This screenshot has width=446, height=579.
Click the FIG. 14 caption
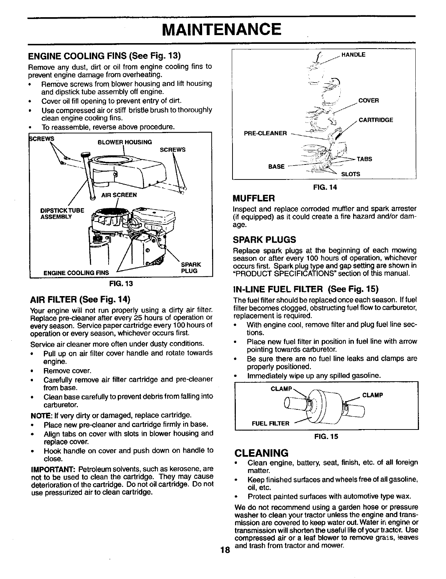(x=324, y=187)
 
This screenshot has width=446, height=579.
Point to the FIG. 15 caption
(x=325, y=436)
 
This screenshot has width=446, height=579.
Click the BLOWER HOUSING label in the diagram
(x=124, y=142)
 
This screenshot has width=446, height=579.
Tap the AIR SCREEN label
(x=119, y=195)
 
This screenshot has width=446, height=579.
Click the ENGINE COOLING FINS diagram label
(x=76, y=273)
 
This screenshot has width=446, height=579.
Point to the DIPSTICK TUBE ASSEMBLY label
(x=62, y=213)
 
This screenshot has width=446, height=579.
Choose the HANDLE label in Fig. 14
(x=353, y=55)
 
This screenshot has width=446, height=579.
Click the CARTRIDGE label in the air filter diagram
(x=375, y=120)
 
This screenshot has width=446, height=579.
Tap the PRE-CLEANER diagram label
(x=265, y=133)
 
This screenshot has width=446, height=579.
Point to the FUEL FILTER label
(x=271, y=423)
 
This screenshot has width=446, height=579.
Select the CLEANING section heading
(x=261, y=453)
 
